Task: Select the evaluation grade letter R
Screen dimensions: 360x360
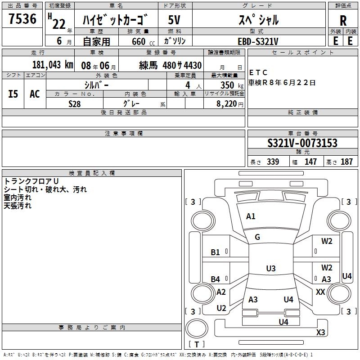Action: pos(343,20)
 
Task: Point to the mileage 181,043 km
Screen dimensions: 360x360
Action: pos(53,64)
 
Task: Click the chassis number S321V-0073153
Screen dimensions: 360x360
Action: pos(302,143)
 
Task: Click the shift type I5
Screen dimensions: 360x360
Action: pos(13,94)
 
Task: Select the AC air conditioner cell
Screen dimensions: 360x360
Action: pos(35,94)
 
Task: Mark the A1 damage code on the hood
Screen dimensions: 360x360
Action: pos(251,216)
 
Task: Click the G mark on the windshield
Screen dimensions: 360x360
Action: pos(257,237)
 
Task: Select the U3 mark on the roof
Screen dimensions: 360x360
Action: pos(270,269)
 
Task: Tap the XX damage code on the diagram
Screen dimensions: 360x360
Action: pos(320,292)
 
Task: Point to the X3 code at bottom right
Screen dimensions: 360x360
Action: pos(320,333)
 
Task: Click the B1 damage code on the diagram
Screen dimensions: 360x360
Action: pos(216,252)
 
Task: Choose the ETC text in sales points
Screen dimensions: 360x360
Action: pos(258,73)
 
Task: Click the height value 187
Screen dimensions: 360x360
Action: pos(346,162)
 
